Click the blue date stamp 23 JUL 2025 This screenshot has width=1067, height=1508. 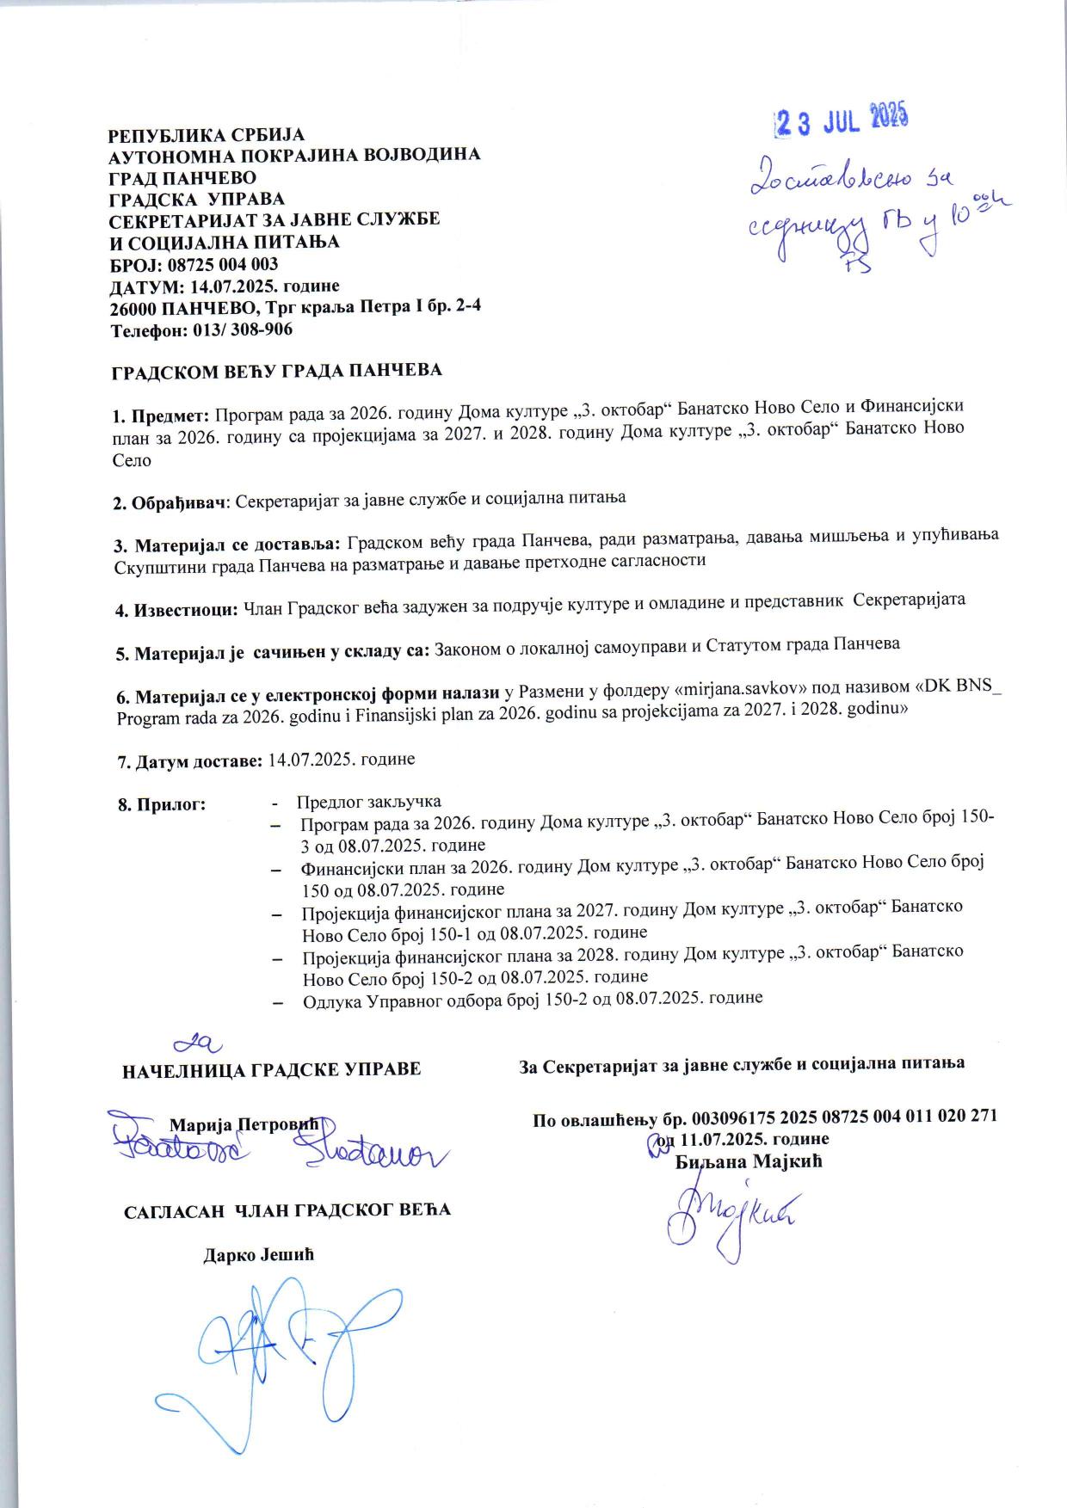click(x=842, y=121)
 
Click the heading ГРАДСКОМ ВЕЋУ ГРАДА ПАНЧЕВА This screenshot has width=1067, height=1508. click(x=277, y=371)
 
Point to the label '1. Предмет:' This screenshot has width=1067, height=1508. click(x=162, y=416)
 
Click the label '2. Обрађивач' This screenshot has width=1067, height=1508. click(x=171, y=501)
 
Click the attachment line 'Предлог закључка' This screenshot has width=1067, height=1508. click(x=368, y=803)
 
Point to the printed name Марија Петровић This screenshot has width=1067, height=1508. click(x=244, y=1124)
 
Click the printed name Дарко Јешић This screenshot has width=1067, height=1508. click(x=258, y=1254)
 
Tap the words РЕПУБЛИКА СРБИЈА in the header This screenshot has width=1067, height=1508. click(x=206, y=135)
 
